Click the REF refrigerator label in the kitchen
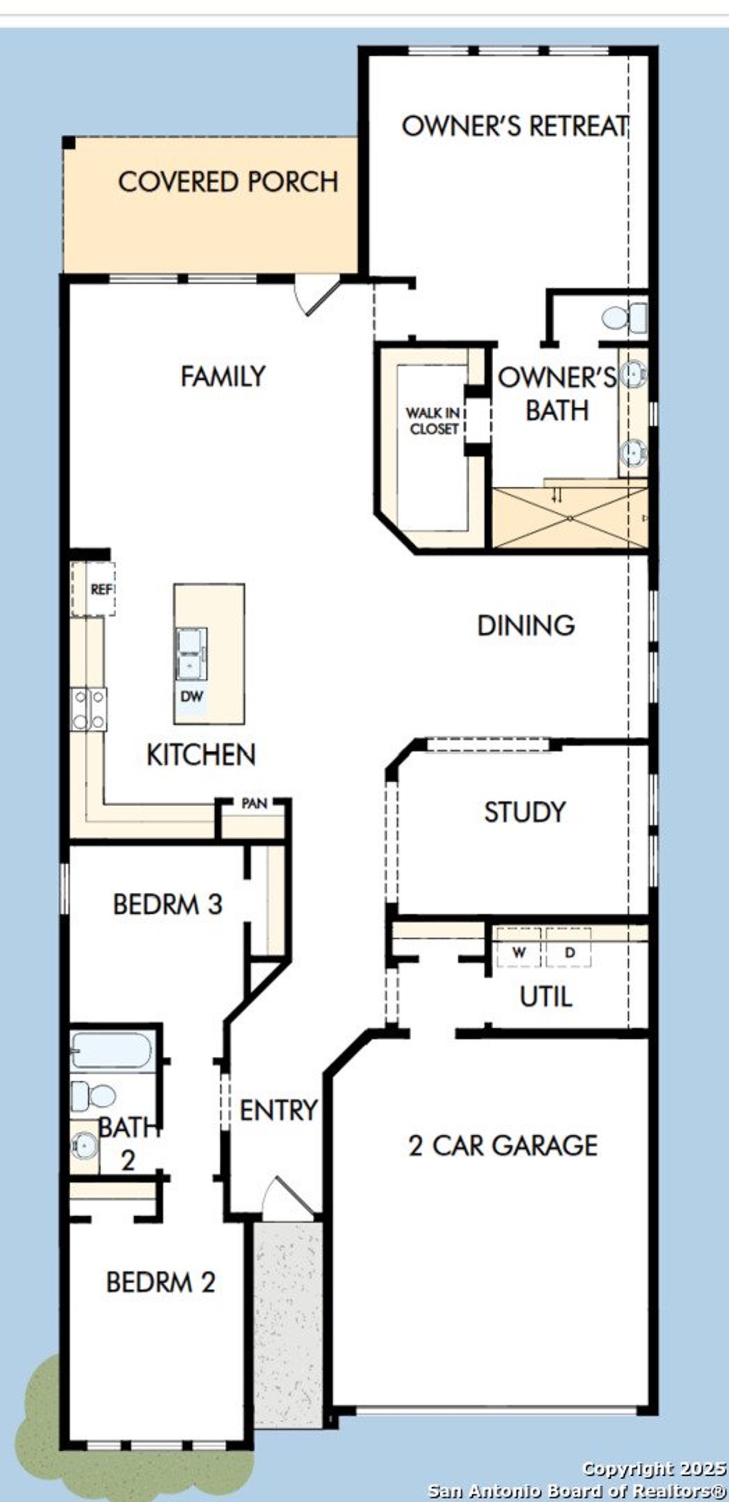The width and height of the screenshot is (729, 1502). pos(100,589)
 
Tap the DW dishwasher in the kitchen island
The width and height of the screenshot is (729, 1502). pos(192,696)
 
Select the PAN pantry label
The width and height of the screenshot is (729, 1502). pos(254,803)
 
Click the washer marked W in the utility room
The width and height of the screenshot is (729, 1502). pos(518,953)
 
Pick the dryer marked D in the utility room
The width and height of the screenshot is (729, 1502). pos(570,953)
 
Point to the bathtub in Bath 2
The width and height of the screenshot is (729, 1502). pos(112,1051)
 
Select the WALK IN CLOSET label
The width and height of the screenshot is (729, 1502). pos(433,421)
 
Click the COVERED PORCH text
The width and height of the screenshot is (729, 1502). pos(228,183)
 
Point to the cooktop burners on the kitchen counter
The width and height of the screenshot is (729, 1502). pos(89,709)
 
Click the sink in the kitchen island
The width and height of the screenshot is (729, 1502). pos(191,654)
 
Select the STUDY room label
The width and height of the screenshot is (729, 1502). pos(525,812)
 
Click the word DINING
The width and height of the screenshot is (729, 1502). pos(526,626)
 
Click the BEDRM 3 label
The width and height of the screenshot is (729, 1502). pos(167,904)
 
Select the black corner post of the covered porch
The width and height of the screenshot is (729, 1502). pos(69,143)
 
